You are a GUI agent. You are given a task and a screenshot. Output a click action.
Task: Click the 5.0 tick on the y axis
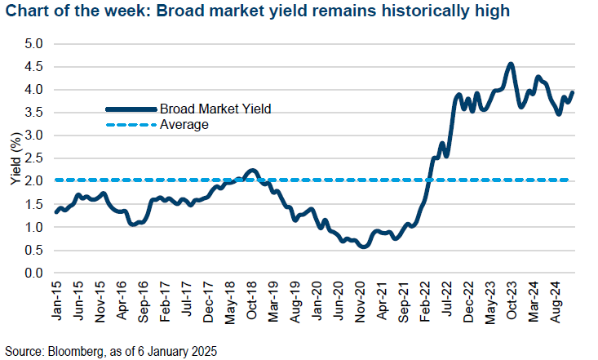(35, 43)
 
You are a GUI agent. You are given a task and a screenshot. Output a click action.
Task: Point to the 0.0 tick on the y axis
(35, 273)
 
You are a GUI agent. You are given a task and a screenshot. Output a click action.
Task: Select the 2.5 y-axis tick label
(35, 158)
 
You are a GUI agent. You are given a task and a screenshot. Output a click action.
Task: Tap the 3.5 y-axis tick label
(35, 113)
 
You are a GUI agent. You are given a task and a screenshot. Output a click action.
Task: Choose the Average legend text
(184, 125)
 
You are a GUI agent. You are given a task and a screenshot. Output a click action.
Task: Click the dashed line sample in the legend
(130, 125)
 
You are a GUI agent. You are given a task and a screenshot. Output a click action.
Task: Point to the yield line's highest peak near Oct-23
(511, 64)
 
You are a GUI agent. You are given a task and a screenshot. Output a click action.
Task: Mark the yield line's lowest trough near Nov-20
(363, 247)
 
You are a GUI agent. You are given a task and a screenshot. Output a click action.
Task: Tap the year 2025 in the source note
(202, 349)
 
